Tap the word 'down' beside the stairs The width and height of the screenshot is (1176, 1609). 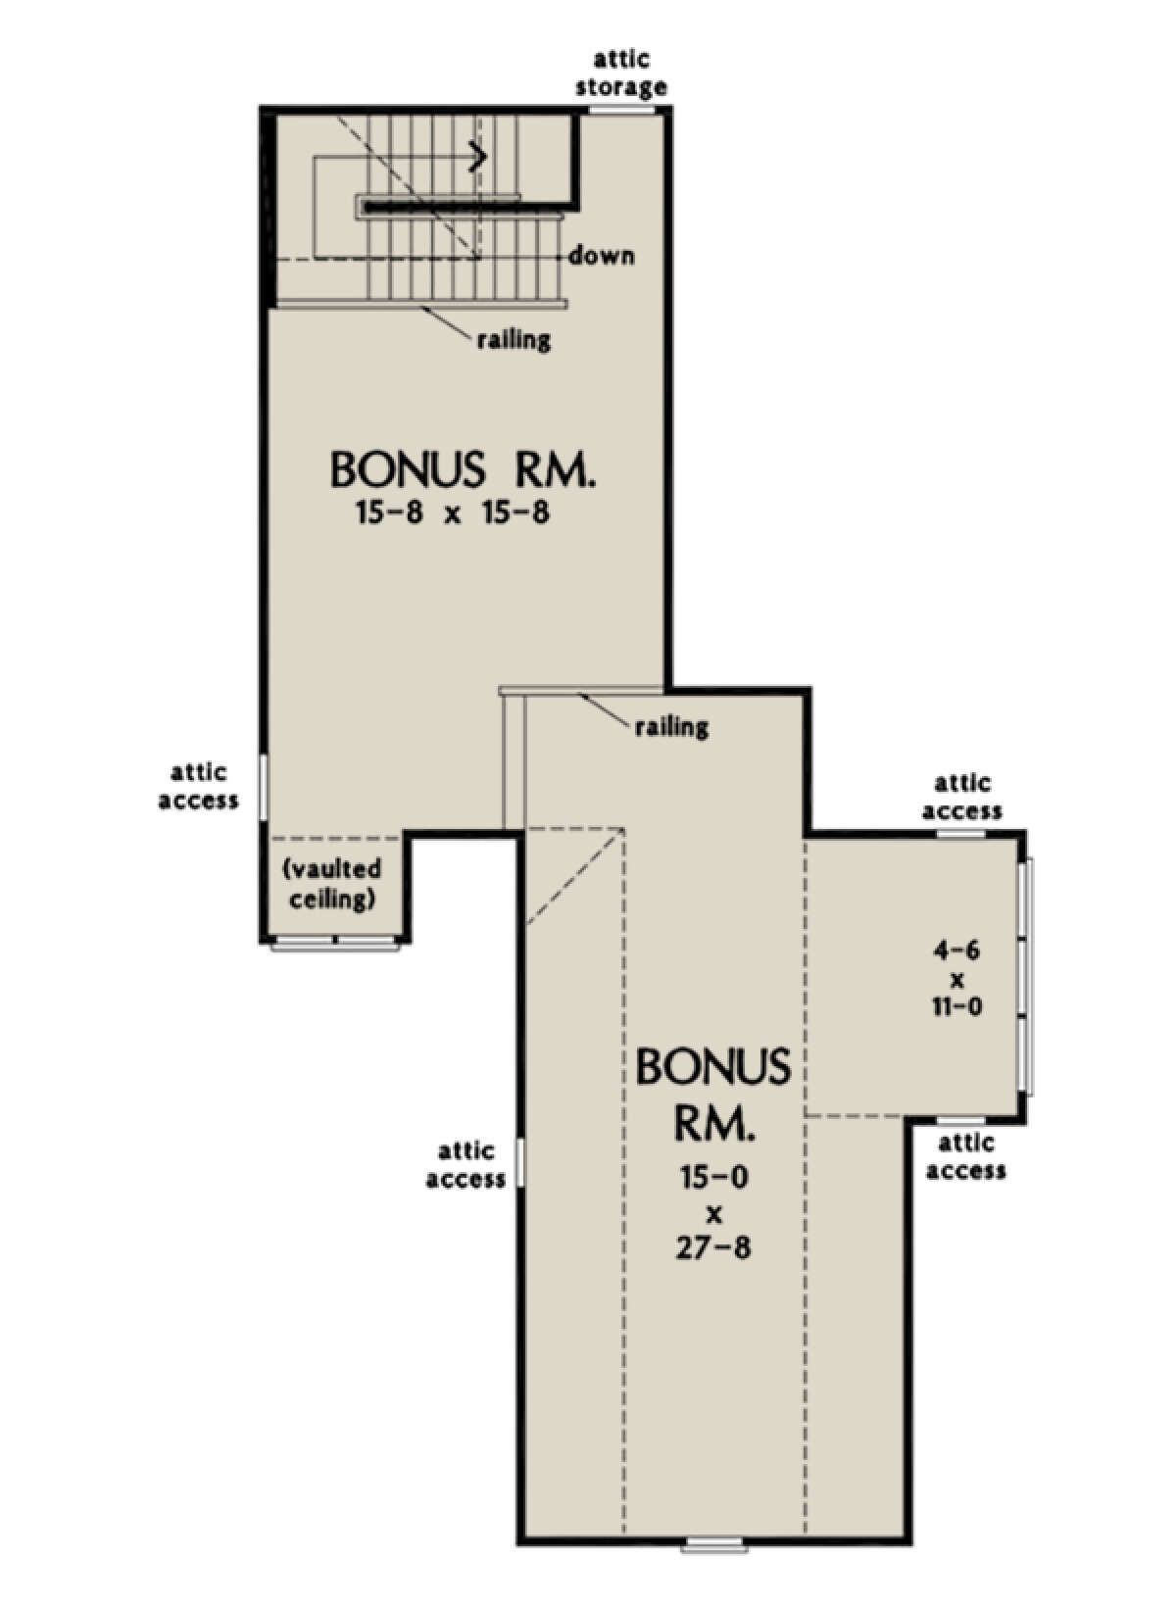click(603, 257)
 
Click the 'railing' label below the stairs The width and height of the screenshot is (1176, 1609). click(514, 339)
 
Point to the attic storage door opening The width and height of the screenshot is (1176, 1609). click(622, 111)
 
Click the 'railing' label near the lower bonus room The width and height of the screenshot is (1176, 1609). click(671, 727)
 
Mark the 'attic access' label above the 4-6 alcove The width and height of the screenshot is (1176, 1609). click(962, 798)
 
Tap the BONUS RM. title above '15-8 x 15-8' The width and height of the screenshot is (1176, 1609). click(464, 469)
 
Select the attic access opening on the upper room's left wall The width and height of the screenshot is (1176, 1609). click(263, 786)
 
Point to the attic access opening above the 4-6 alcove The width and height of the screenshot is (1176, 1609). click(959, 833)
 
